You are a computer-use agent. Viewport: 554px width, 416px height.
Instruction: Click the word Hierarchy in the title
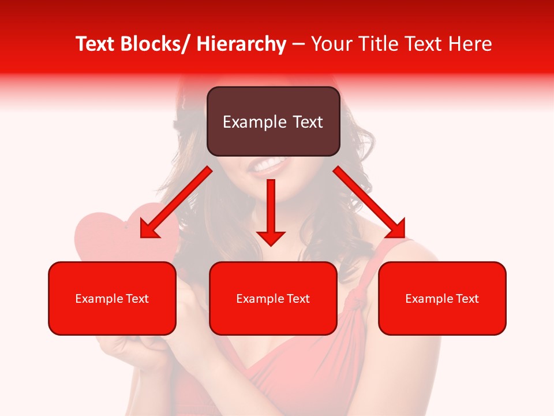point(241,44)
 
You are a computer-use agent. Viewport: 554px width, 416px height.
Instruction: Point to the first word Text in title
point(96,44)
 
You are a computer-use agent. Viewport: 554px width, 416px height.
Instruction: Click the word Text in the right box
point(467,299)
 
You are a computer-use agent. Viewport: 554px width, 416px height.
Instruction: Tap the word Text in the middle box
point(298,299)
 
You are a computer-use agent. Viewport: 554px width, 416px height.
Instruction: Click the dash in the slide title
point(298,44)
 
